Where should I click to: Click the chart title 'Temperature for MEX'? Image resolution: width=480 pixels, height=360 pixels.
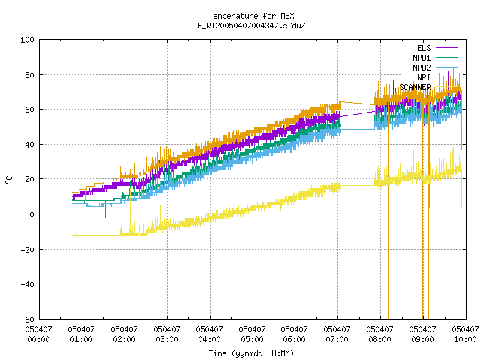[x=251, y=16]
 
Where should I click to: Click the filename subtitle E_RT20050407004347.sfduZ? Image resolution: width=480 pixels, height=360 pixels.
[x=251, y=25]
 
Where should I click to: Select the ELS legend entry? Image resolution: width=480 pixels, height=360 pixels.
[x=424, y=48]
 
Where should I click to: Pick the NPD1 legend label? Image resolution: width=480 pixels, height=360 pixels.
[x=421, y=58]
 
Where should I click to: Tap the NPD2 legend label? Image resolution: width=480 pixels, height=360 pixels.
[x=421, y=67]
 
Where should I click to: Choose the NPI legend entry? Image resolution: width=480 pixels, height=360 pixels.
[x=424, y=77]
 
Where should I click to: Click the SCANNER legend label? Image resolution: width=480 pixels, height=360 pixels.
[x=415, y=87]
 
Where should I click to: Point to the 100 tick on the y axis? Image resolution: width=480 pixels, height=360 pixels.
[x=27, y=40]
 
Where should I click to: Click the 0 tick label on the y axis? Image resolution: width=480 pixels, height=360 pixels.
[x=31, y=214]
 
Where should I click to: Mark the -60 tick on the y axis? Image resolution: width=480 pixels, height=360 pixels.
[x=27, y=319]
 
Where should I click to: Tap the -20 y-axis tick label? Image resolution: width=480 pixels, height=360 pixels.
[x=27, y=250]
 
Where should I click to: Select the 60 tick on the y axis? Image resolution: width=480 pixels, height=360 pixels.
[x=30, y=109]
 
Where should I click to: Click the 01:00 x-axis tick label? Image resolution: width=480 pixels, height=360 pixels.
[x=82, y=334]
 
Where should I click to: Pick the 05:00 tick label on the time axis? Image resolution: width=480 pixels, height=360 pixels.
[x=253, y=334]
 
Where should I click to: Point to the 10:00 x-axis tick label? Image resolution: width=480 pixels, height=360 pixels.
[x=465, y=334]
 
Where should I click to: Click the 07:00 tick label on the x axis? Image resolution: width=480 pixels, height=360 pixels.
[x=337, y=334]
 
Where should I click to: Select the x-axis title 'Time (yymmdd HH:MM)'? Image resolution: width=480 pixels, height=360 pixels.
[x=251, y=353]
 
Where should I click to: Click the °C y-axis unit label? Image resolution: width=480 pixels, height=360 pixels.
[x=9, y=180]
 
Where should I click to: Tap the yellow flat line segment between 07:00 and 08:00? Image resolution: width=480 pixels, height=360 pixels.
[x=358, y=185]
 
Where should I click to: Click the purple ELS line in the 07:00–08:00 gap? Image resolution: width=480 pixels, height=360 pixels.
[x=358, y=114]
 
